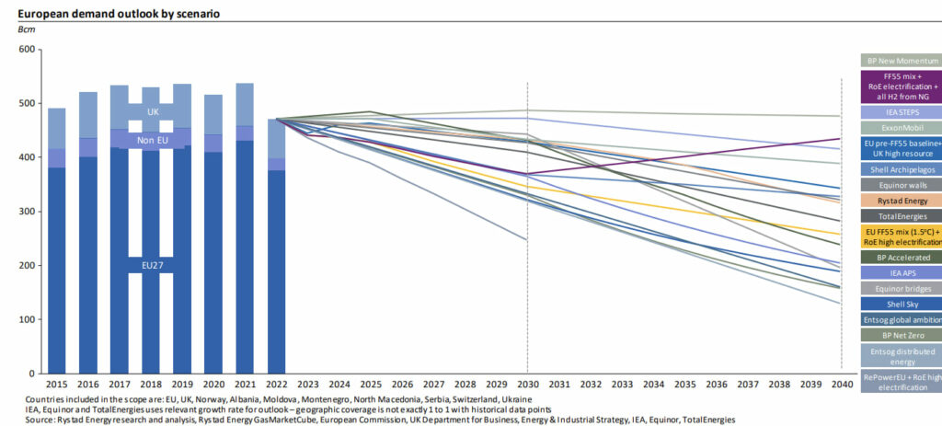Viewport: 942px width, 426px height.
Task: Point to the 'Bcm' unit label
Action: [27, 30]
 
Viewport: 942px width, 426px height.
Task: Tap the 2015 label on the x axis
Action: [57, 384]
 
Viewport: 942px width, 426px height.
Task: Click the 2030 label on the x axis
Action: [527, 384]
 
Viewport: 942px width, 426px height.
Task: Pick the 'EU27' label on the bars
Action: [152, 264]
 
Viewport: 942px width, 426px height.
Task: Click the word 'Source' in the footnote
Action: [42, 419]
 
